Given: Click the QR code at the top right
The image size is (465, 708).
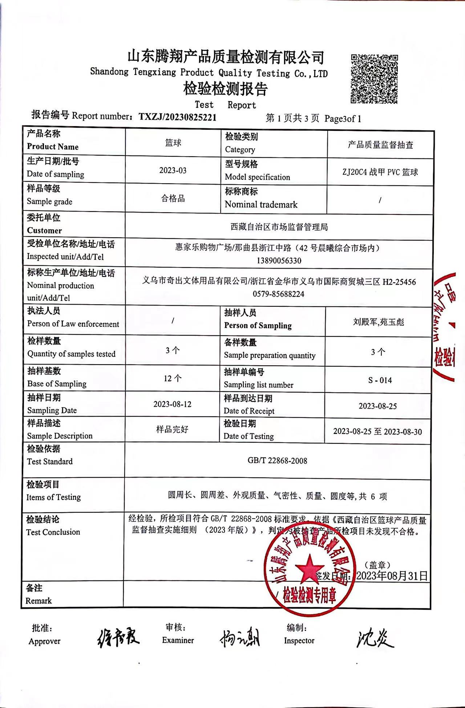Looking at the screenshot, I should pyautogui.click(x=374, y=79).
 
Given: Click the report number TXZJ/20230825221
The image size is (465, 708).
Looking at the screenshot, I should pyautogui.click(x=178, y=117).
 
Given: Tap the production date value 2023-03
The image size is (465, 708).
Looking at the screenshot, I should pyautogui.click(x=173, y=170).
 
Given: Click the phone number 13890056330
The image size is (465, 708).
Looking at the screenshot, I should pyautogui.click(x=279, y=261).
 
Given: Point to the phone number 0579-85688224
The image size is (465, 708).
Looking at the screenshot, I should pyautogui.click(x=279, y=294).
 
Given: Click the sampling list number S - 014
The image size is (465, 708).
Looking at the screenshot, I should pyautogui.click(x=380, y=380).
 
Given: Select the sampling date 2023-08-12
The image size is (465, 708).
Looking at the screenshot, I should pyautogui.click(x=172, y=404).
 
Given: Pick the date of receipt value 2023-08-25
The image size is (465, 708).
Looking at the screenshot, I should pyautogui.click(x=378, y=406).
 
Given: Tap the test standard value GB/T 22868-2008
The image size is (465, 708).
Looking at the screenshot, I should pyautogui.click(x=277, y=460).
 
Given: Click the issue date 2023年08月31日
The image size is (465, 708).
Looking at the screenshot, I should pyautogui.click(x=392, y=576).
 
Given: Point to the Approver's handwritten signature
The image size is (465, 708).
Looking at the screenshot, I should pyautogui.click(x=118, y=638).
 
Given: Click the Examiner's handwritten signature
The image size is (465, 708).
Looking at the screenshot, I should pyautogui.click(x=240, y=638).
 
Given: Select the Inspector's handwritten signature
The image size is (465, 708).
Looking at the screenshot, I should pyautogui.click(x=374, y=638).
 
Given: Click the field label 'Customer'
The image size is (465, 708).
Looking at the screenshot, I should pyautogui.click(x=44, y=230).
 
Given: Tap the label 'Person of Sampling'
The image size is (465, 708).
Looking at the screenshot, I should pyautogui.click(x=258, y=325).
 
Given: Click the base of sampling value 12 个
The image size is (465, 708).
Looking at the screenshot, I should pyautogui.click(x=173, y=378).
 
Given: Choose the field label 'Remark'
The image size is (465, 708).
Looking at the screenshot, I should pyautogui.click(x=39, y=601).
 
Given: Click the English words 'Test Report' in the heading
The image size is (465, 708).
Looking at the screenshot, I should pyautogui.click(x=225, y=105).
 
